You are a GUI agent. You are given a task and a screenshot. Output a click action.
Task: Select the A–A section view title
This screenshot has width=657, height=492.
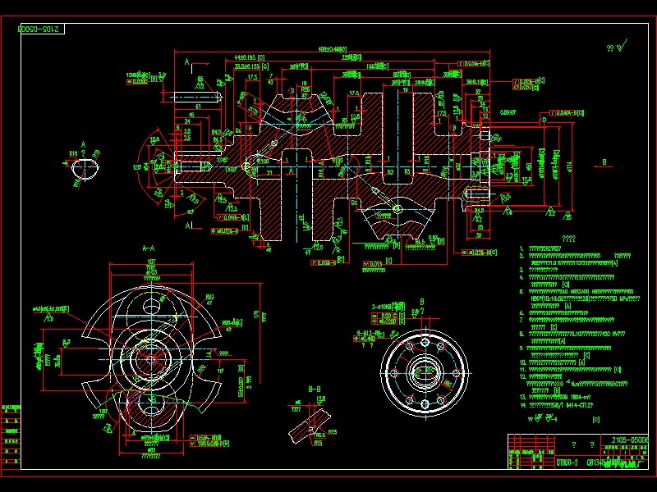coord(149,246)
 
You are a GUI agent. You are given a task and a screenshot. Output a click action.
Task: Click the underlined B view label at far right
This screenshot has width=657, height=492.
coord(605,162)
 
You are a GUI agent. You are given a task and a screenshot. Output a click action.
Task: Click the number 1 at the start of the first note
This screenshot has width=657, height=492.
coord(522,248)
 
